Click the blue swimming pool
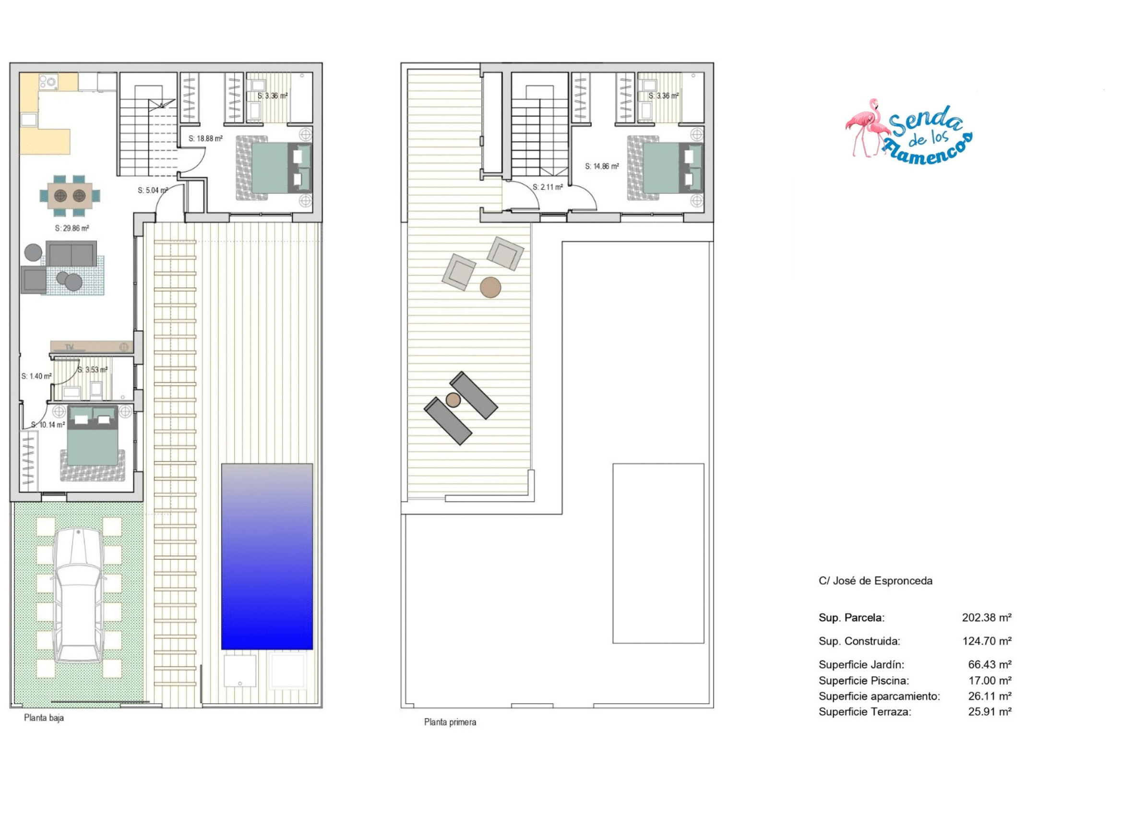coord(267,556)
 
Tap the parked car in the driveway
coord(79,595)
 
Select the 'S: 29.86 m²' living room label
coord(72,228)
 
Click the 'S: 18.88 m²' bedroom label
coord(205,138)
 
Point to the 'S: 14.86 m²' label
coord(602,166)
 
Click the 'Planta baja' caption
coord(44,718)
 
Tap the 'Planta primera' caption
coord(450,722)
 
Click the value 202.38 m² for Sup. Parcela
coord(986,618)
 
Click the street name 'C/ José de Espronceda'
coord(875,581)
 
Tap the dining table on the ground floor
coord(70,195)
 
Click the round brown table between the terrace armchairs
coord(490,288)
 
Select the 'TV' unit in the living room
coord(91,347)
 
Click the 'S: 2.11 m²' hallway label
coord(548,187)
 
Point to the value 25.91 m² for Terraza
coord(990,711)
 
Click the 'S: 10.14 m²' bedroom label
coord(48,425)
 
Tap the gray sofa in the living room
coord(72,254)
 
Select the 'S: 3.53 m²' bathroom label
coord(93,370)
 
